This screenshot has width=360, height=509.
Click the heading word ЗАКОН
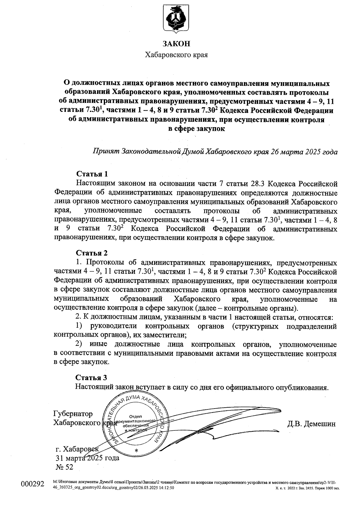(x=176, y=44)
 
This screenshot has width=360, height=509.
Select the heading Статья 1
(x=92, y=174)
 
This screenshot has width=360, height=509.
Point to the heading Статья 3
(x=91, y=377)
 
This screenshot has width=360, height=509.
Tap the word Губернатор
(x=73, y=414)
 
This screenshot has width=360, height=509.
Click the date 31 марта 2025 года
(x=87, y=458)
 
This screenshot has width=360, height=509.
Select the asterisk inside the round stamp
(x=136, y=451)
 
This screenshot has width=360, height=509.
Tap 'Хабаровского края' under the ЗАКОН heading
(x=176, y=55)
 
